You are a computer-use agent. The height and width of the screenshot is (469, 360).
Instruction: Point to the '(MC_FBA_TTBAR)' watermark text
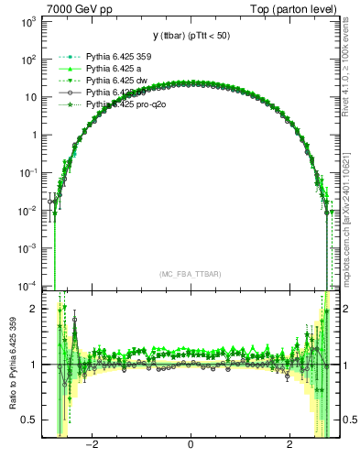(190, 273)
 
